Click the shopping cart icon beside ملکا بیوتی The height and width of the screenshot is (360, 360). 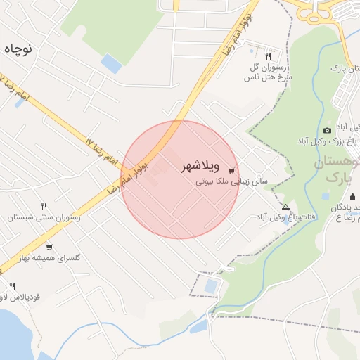coord(232,170)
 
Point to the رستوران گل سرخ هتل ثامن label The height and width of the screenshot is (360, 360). coord(271,72)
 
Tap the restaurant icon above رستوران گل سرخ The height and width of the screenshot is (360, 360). coord(268,56)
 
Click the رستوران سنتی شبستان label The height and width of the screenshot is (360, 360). coord(44,218)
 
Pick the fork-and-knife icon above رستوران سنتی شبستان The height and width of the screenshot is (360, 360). coord(44,207)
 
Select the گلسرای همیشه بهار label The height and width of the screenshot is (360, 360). coord(49,258)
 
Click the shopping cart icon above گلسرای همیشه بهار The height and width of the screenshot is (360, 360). coord(49,247)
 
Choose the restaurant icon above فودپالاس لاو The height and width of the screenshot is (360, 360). coord(12,286)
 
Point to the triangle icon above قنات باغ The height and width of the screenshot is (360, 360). coord(285,207)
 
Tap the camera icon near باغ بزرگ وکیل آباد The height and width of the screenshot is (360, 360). coord(327,131)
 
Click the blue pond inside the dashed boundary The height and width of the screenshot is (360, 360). coord(210,287)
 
